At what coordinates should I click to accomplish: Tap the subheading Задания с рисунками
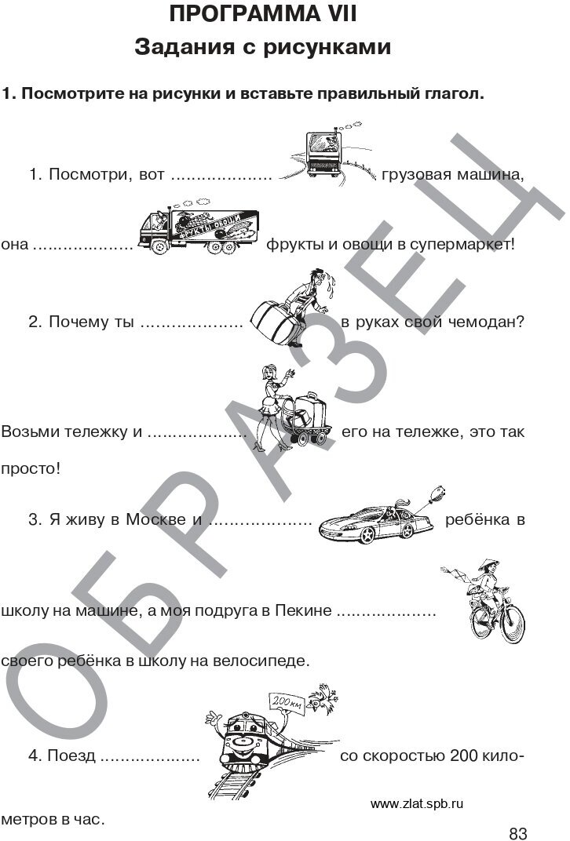pyautogui.click(x=263, y=48)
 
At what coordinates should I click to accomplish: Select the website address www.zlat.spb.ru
pyautogui.click(x=417, y=803)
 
